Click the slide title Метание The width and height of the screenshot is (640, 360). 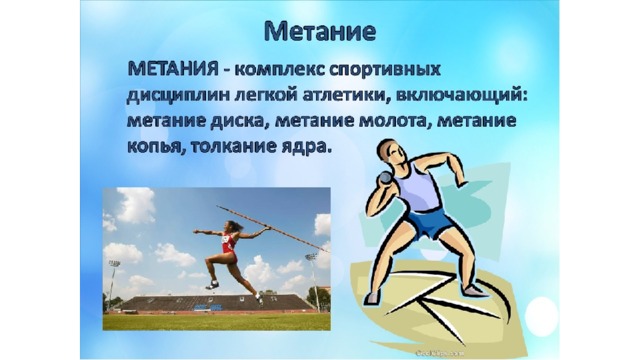tap(320, 31)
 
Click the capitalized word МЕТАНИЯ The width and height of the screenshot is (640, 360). tap(173, 69)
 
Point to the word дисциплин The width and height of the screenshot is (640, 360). tap(179, 97)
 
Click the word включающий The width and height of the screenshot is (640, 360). tap(459, 97)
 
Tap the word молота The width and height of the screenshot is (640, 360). tap(395, 122)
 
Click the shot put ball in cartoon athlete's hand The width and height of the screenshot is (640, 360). tap(384, 178)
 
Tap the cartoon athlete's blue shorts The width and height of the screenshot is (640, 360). tap(429, 223)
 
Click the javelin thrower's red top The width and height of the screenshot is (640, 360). tap(229, 243)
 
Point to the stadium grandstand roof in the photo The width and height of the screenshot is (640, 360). tap(216, 302)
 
